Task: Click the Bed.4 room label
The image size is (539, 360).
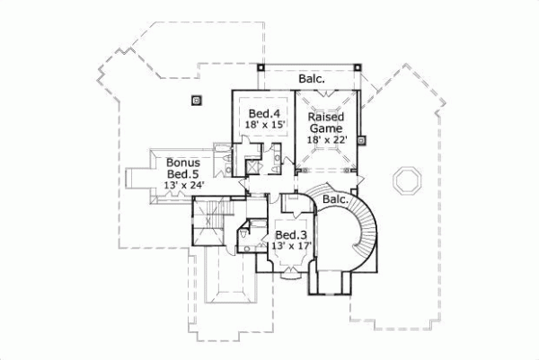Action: [x=260, y=113]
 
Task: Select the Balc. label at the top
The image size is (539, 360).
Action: [x=312, y=79]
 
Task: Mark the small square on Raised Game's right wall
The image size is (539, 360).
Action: [x=360, y=139]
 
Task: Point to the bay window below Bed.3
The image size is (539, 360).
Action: [x=289, y=274]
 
